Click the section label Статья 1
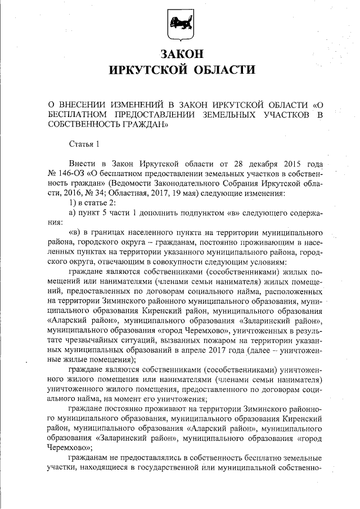[x=83, y=145]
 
